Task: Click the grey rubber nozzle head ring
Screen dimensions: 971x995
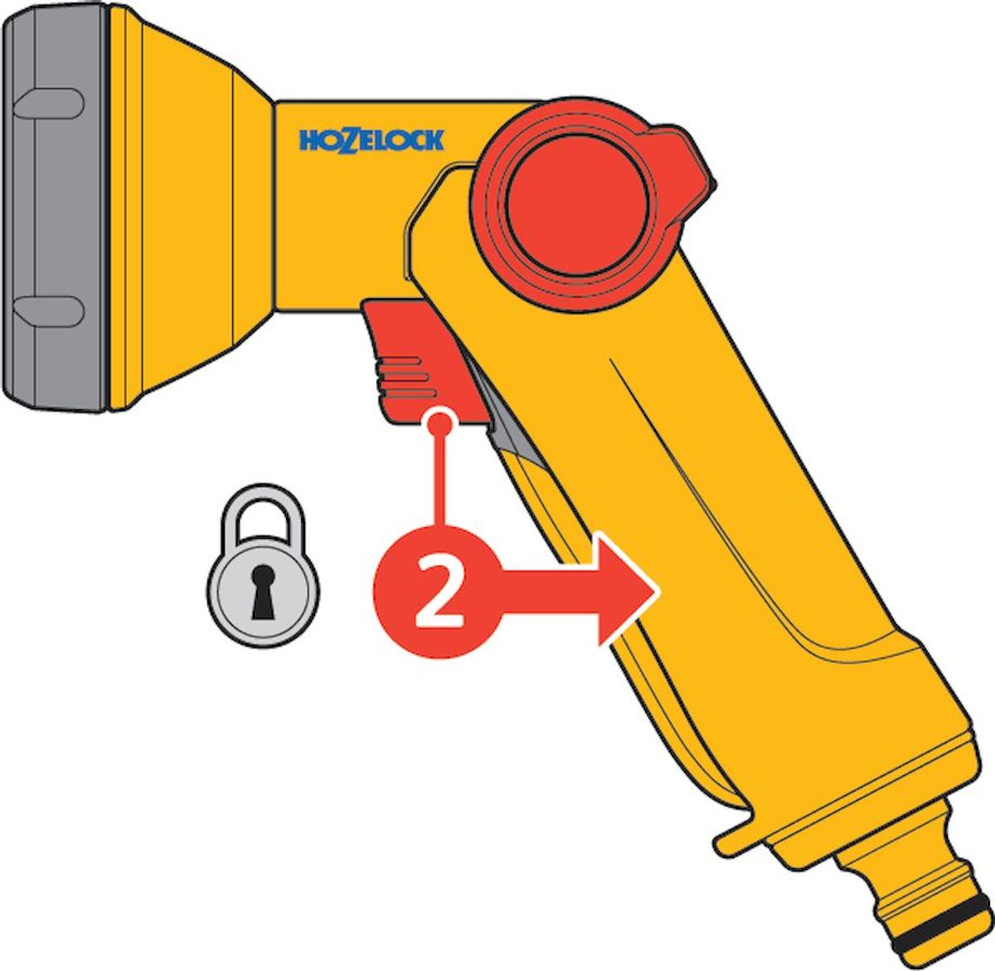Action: [x=54, y=207]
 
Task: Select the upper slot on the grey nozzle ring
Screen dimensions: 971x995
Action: [x=48, y=107]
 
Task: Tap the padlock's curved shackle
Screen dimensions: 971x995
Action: [x=264, y=515]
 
